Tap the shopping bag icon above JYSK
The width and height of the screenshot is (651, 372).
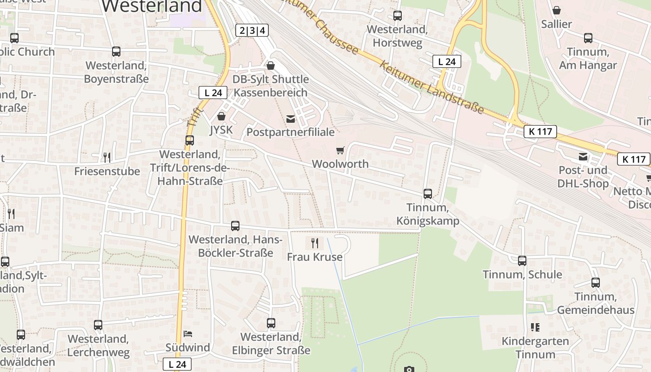point(221,116)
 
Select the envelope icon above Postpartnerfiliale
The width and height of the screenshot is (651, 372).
point(291,119)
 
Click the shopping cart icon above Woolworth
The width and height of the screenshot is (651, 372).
point(340,150)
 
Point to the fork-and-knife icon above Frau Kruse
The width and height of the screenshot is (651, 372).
point(315,243)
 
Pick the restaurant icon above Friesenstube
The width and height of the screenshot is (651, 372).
point(107,157)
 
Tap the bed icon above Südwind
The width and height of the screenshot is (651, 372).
point(188,334)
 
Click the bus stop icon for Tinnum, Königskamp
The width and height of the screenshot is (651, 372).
point(428,194)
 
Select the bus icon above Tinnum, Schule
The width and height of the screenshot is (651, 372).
point(522,261)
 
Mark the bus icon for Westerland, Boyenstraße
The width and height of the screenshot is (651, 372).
point(116,52)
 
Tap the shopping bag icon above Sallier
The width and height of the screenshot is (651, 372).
point(557,10)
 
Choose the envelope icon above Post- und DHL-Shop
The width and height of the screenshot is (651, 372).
point(583,157)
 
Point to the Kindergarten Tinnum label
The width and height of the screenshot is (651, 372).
point(535,347)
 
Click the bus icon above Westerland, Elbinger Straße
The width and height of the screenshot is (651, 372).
point(271,323)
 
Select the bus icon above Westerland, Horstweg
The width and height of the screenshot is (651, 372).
point(398,16)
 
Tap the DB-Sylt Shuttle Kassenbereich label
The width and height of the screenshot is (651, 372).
point(270,86)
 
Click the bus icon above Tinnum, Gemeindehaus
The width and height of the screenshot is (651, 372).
point(596,282)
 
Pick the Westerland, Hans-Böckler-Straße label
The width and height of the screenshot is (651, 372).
point(235,246)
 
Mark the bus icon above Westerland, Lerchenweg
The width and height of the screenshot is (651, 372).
point(98,325)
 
